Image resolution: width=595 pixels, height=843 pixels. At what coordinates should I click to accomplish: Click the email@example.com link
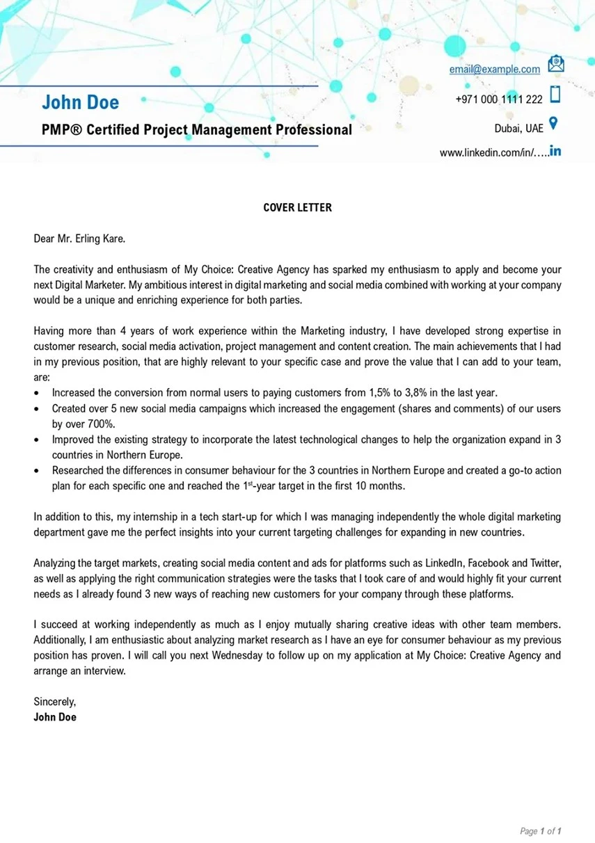tap(494, 69)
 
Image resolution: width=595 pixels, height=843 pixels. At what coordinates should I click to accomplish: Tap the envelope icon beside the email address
tap(556, 65)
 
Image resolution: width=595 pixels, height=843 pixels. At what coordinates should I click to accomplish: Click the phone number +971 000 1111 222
tap(498, 99)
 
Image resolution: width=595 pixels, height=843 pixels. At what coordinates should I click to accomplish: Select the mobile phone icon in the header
tap(555, 94)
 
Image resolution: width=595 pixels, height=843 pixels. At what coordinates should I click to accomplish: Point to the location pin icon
tap(554, 124)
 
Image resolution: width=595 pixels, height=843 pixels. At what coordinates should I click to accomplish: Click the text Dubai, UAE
tap(518, 129)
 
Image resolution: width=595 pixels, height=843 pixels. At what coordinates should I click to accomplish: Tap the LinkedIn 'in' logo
tap(555, 150)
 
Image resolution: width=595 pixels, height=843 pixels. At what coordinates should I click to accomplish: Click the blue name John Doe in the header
tap(80, 102)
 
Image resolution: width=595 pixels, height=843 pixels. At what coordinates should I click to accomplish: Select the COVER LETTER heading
tap(297, 207)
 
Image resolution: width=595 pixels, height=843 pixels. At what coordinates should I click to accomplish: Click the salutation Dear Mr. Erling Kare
tap(79, 239)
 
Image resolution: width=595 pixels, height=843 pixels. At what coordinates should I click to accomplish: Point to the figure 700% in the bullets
tap(101, 424)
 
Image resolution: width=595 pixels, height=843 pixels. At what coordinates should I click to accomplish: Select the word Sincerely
tap(54, 702)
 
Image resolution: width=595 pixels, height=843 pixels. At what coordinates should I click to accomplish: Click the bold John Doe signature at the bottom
tap(55, 716)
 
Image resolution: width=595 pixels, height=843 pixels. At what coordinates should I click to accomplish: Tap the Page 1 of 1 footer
tap(540, 830)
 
